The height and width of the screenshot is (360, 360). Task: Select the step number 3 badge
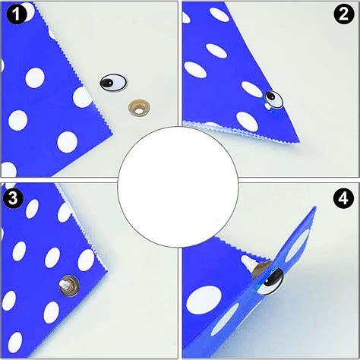pyautogui.click(x=12, y=198)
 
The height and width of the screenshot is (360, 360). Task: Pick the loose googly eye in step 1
pyautogui.click(x=112, y=82)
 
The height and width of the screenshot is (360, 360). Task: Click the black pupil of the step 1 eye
pyautogui.click(x=109, y=82)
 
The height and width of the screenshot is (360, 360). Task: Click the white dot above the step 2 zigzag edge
pyautogui.click(x=247, y=119)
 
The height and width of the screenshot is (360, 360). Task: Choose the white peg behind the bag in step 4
pyautogui.click(x=248, y=262)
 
